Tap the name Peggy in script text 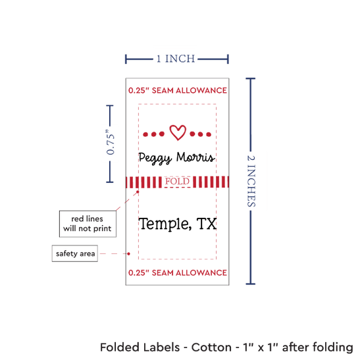pos(155,159)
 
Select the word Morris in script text pos(195,157)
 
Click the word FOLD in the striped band pos(177,182)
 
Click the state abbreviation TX pos(207,224)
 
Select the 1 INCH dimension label pos(176,59)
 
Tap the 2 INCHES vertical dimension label pos(251,181)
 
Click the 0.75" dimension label pos(111,143)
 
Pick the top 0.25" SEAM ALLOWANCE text pos(178,91)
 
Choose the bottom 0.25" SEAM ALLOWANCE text pos(178,273)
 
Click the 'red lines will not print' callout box pos(88,224)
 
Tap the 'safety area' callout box pos(75,253)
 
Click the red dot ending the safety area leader pos(128,253)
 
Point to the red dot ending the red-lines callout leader pos(138,192)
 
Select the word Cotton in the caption pos(211,348)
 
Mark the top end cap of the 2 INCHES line pos(251,79)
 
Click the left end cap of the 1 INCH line pos(126,59)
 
